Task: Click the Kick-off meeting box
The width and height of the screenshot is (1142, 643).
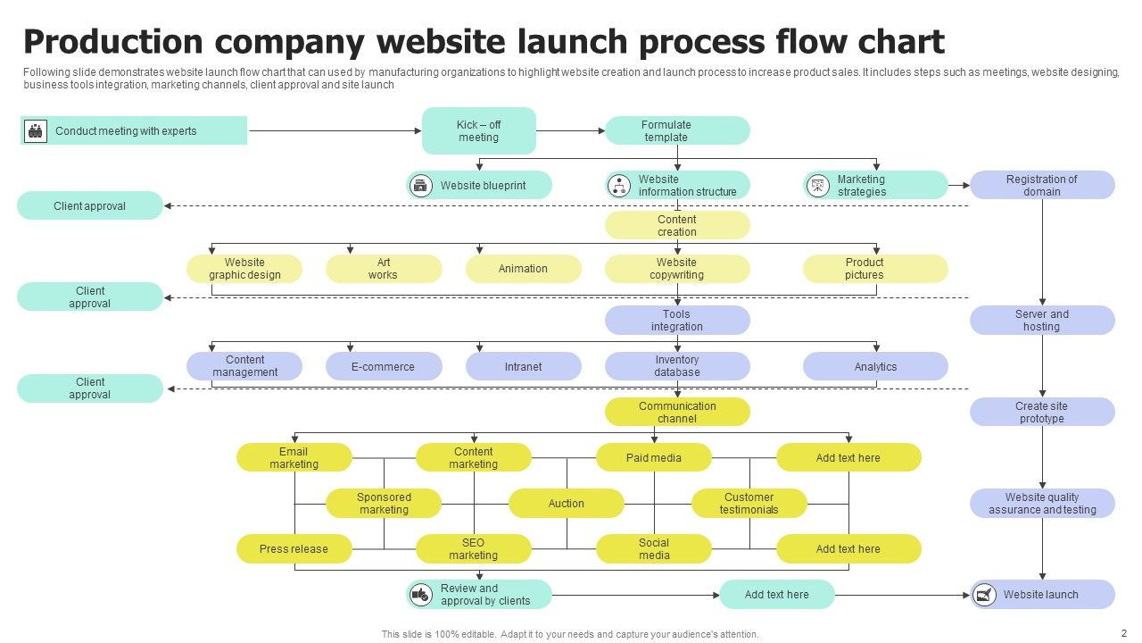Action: click(478, 131)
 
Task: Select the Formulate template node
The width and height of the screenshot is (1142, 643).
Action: click(677, 131)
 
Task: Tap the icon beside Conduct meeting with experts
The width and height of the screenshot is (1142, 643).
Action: click(36, 131)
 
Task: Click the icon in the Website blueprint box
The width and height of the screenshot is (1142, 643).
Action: click(420, 186)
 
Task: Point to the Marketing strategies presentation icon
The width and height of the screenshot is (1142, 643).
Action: click(817, 186)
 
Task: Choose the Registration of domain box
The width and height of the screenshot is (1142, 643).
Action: click(1042, 186)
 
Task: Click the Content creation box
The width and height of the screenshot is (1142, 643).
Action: click(677, 226)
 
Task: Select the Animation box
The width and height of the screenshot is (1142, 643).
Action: click(523, 269)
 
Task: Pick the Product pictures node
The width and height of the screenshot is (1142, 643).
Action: click(874, 269)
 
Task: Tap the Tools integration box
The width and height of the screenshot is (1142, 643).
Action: click(677, 321)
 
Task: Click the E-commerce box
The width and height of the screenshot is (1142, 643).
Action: click(383, 367)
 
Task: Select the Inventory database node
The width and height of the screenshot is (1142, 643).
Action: click(677, 367)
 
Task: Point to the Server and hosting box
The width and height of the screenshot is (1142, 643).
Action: click(1042, 321)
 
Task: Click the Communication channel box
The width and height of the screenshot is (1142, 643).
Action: click(677, 413)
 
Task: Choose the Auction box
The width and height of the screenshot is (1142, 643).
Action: click(566, 504)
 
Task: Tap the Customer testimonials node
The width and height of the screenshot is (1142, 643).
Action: click(749, 504)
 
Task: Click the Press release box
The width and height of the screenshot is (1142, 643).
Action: click(294, 549)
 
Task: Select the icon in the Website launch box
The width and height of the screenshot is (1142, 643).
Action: click(985, 595)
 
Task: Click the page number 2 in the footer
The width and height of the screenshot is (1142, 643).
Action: click(1124, 632)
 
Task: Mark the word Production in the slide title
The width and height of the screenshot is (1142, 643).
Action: click(112, 42)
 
